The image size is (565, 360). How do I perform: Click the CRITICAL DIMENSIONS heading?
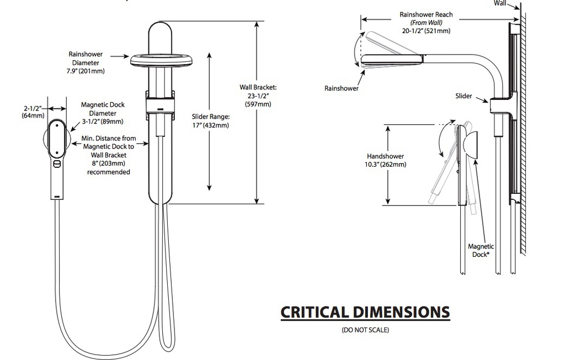pos(365,313)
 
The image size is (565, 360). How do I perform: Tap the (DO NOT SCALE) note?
pos(365,330)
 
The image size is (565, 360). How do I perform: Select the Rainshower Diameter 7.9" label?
pos(86,63)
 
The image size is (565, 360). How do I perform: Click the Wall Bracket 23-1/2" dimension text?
pos(258,96)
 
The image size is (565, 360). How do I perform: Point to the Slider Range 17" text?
pos(210,121)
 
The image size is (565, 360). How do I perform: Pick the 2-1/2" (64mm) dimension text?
pos(33,112)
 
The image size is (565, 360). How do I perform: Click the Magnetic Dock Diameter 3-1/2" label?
pos(103,113)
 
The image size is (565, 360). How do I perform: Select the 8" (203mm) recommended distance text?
pos(109,168)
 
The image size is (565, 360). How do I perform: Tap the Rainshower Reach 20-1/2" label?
pos(427,23)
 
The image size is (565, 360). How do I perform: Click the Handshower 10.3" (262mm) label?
pos(385,160)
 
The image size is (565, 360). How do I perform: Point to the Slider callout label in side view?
pos(463,96)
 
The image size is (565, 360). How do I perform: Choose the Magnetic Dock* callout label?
pos(481,250)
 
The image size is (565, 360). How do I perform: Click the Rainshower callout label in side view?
pos(341,88)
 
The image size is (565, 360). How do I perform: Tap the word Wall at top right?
pos(500,3)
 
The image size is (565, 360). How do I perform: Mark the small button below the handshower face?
pos(57,164)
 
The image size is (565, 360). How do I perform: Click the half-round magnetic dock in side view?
pos(471,145)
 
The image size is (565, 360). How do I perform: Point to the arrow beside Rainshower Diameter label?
pos(120,56)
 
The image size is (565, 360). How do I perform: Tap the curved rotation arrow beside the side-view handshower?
pos(443,141)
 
